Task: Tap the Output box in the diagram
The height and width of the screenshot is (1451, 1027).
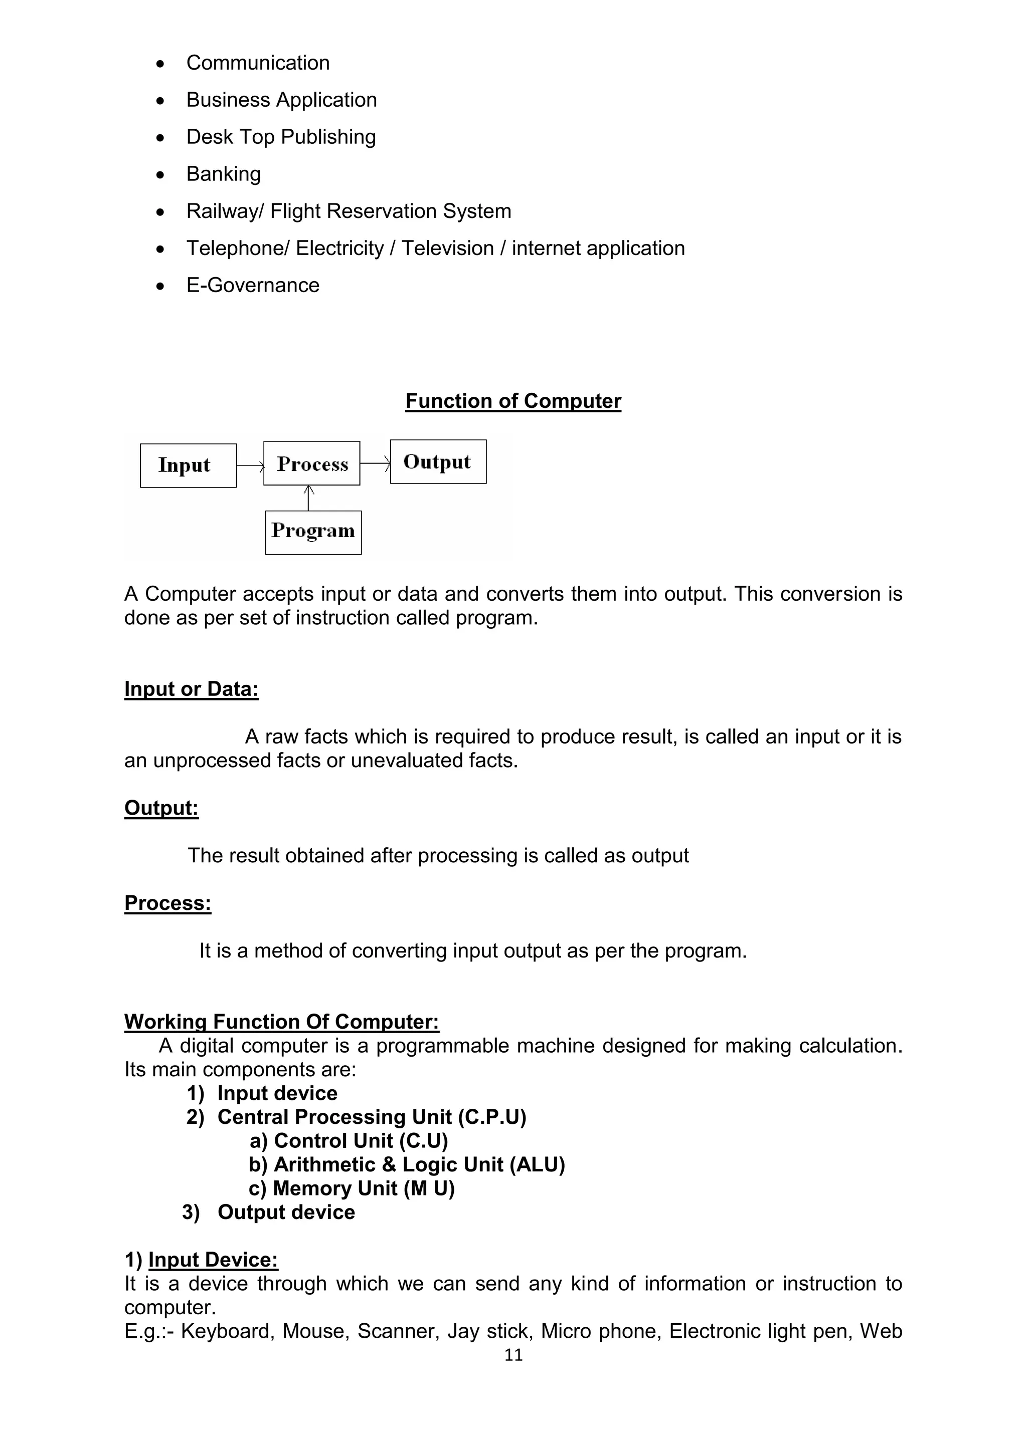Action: (438, 462)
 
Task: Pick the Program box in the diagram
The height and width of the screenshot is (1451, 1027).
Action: (313, 532)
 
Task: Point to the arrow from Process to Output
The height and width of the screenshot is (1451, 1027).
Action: (375, 464)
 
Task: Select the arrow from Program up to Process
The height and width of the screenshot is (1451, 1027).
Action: (308, 498)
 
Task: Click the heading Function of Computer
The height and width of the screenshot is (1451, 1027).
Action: (513, 401)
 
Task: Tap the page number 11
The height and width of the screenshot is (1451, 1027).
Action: (513, 1354)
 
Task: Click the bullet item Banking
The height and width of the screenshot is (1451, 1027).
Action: (223, 174)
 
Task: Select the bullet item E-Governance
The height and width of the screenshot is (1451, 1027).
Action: (252, 285)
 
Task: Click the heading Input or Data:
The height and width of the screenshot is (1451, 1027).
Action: (191, 689)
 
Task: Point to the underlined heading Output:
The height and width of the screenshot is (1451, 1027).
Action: (161, 808)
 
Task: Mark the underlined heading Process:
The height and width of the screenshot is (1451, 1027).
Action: (167, 903)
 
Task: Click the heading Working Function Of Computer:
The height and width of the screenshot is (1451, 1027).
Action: (281, 1022)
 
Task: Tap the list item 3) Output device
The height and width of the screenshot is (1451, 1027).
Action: (269, 1212)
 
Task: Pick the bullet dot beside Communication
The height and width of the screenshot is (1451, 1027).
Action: (160, 64)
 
